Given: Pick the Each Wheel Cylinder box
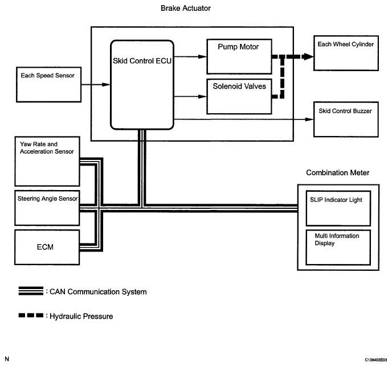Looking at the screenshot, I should coord(346,54).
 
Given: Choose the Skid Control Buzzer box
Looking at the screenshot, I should coord(346,119).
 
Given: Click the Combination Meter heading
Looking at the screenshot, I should coord(338,172).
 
